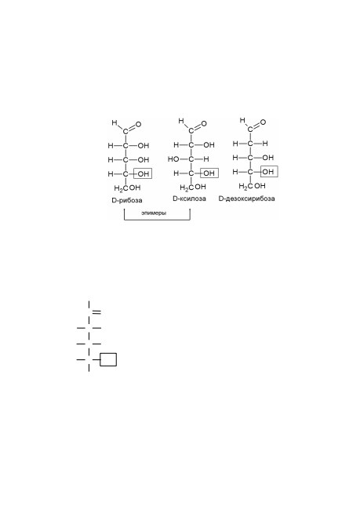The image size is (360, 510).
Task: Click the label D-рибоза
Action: [127, 200]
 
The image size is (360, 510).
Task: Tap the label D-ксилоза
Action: [189, 199]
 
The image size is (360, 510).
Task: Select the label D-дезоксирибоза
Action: [246, 199]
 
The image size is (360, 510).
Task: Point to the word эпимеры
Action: [154, 213]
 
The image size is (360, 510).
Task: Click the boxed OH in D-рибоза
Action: [143, 173]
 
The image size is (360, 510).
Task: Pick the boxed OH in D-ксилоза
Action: [209, 173]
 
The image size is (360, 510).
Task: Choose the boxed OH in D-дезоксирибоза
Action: [269, 171]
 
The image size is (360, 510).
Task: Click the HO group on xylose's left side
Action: [173, 159]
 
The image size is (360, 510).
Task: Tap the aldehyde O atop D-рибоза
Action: [139, 124]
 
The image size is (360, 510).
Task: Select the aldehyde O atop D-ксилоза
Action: [204, 123]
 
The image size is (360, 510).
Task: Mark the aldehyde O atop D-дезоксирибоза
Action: [263, 122]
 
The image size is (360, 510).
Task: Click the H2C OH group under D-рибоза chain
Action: [127, 188]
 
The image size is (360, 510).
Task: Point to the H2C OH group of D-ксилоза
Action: [193, 187]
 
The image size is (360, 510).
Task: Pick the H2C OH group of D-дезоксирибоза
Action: [252, 186]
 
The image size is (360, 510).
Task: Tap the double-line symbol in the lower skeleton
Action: [96, 312]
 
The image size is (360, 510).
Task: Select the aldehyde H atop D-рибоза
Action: [115, 122]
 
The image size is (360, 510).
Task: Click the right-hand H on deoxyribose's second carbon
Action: [265, 144]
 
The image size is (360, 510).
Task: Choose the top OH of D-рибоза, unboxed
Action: [144, 146]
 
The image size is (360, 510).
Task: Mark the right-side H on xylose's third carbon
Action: [206, 159]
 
